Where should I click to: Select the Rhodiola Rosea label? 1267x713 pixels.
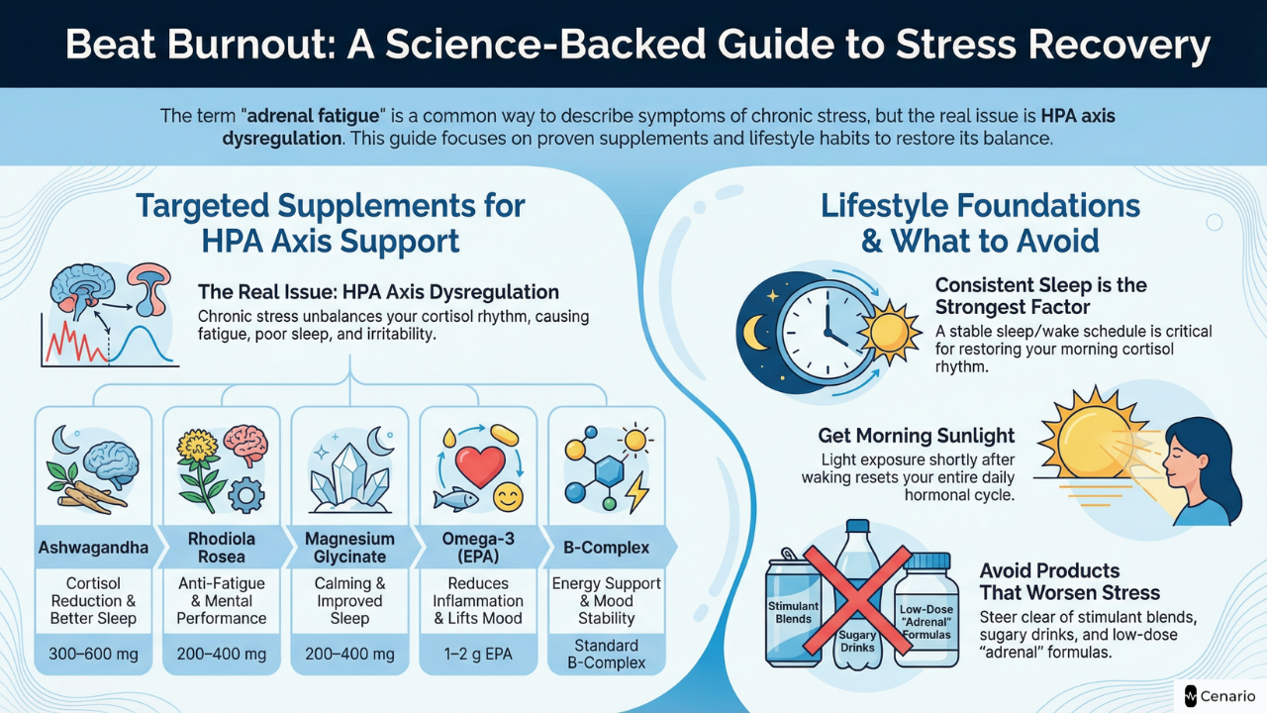(x=221, y=548)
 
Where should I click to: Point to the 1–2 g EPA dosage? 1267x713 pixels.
(x=478, y=655)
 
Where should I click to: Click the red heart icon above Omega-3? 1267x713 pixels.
(x=481, y=464)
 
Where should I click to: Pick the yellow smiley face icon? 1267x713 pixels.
(x=508, y=497)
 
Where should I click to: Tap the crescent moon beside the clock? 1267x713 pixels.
(x=758, y=332)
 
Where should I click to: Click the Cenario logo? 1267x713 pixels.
(x=1219, y=694)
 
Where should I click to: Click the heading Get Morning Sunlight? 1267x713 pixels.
(x=916, y=436)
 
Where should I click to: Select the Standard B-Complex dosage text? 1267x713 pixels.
(x=607, y=655)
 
